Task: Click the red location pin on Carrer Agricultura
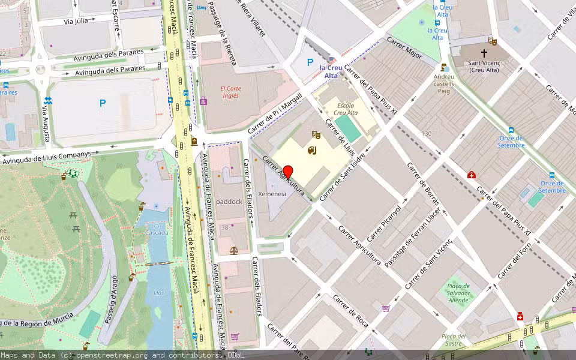pyautogui.click(x=288, y=172)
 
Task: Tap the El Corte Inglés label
pyautogui.click(x=230, y=92)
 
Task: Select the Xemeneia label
pyautogui.click(x=272, y=194)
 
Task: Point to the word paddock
pyautogui.click(x=229, y=202)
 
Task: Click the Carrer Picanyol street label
pyautogui.click(x=384, y=224)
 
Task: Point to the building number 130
pyautogui.click(x=427, y=133)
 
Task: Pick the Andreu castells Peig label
pyautogui.click(x=444, y=84)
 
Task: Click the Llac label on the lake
pyautogui.click(x=159, y=292)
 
